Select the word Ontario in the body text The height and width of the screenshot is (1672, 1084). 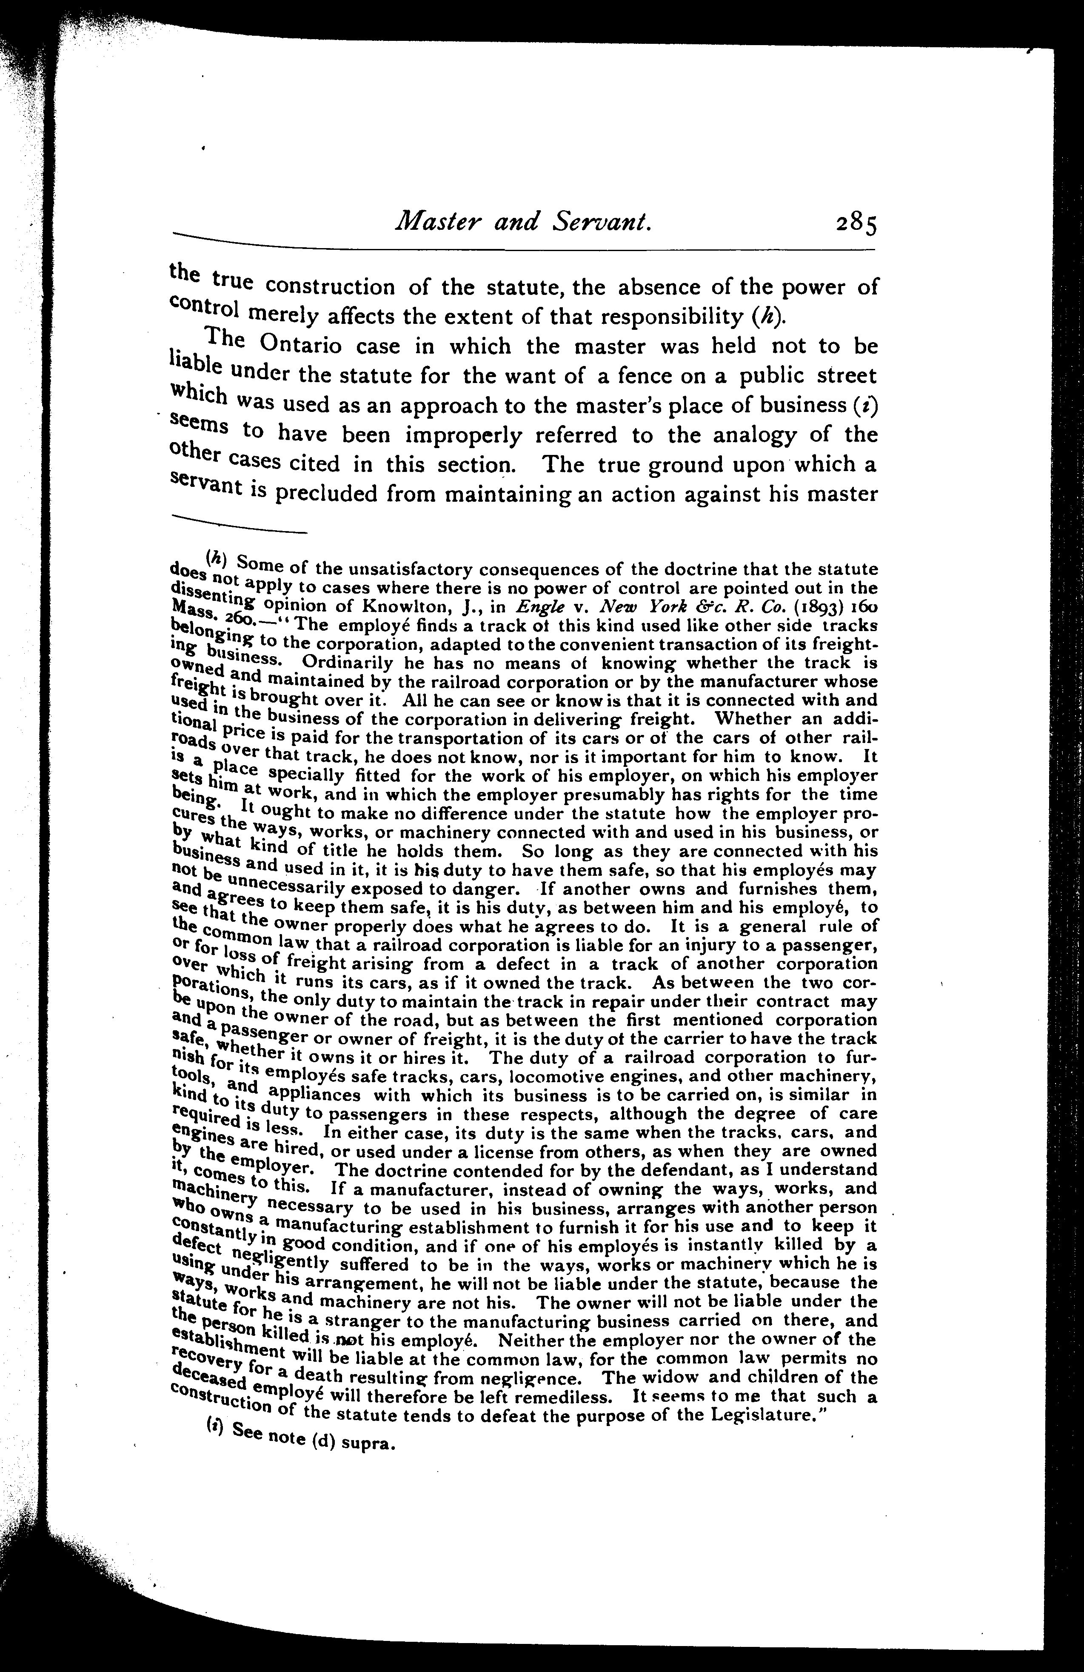tap(308, 346)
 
